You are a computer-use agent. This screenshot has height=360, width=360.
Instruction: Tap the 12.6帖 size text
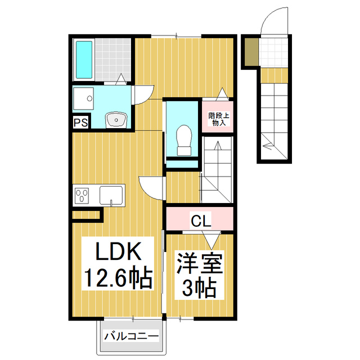(x=118, y=277)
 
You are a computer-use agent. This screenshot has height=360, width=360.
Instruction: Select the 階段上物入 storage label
(x=217, y=119)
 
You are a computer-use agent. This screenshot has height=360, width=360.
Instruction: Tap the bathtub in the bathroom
(x=83, y=60)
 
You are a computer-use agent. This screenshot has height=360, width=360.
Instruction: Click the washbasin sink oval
(x=117, y=119)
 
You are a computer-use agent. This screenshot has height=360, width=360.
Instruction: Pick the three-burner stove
(x=82, y=196)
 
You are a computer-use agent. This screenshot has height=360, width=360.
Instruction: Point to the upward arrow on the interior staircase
(x=217, y=152)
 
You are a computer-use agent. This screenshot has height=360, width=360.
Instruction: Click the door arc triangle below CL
(x=211, y=240)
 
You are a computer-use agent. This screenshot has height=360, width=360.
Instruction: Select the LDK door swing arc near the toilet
(x=151, y=186)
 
